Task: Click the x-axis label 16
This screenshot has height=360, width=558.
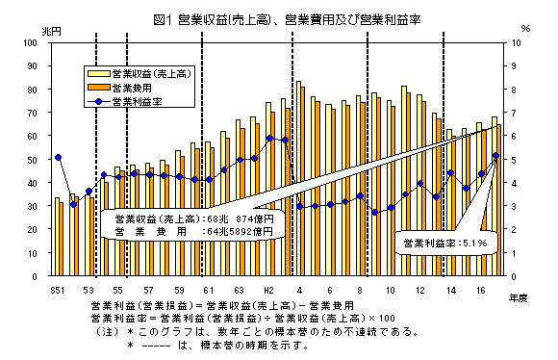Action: (481, 289)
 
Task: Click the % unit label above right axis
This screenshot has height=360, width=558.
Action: (524, 31)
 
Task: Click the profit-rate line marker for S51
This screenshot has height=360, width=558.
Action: (58, 157)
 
